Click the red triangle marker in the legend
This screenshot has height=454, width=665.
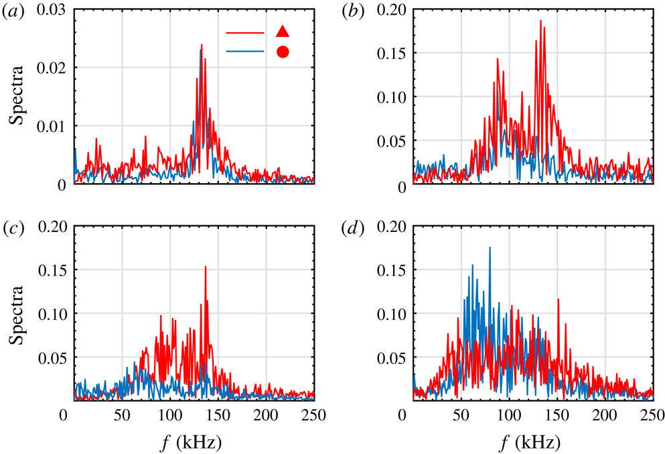283,31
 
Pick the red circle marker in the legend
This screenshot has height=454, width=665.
283,52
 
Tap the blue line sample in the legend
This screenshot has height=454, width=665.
246,52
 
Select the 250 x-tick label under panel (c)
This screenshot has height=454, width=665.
313,416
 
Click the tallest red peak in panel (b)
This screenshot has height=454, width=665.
540,21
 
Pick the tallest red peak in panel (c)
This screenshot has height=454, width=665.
205,267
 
